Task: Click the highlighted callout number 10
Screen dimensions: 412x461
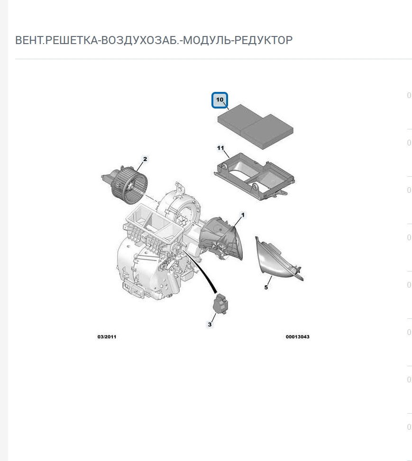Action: (220, 99)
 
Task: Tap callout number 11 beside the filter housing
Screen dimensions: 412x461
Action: (220, 148)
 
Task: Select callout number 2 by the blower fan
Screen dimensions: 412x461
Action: (145, 159)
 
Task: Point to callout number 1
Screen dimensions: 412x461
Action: (243, 215)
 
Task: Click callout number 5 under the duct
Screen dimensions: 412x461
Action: (266, 287)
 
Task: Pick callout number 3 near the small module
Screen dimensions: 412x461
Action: (210, 324)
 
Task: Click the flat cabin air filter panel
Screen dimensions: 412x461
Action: (256, 127)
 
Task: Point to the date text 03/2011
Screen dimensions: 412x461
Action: (107, 337)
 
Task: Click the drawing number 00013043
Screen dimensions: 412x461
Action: (298, 337)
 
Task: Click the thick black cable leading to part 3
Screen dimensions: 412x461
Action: (201, 271)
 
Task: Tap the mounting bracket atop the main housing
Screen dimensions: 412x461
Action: (179, 187)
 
